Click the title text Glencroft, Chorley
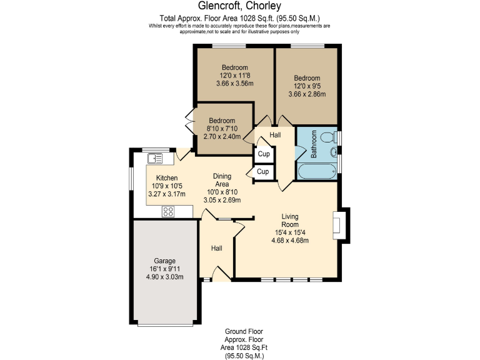(240, 7)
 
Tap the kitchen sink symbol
(155, 158)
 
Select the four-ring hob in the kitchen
(168, 211)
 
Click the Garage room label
(165, 261)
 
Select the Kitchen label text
(167, 177)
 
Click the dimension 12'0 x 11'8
(234, 75)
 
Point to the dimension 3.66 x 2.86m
(307, 94)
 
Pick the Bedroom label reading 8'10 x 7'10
(222, 121)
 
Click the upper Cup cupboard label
(263, 154)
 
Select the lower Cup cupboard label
(263, 171)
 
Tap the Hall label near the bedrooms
(275, 135)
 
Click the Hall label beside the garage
(216, 248)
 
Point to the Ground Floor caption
(244, 331)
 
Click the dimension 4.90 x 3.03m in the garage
(165, 277)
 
